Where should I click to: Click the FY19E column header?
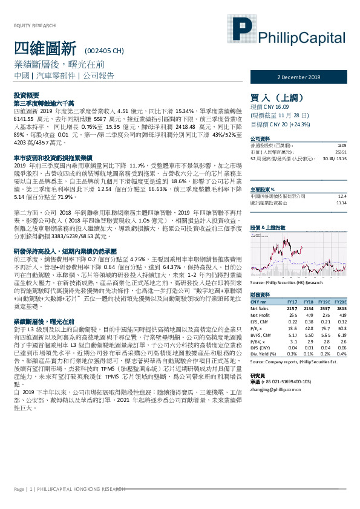coord(323,301)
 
